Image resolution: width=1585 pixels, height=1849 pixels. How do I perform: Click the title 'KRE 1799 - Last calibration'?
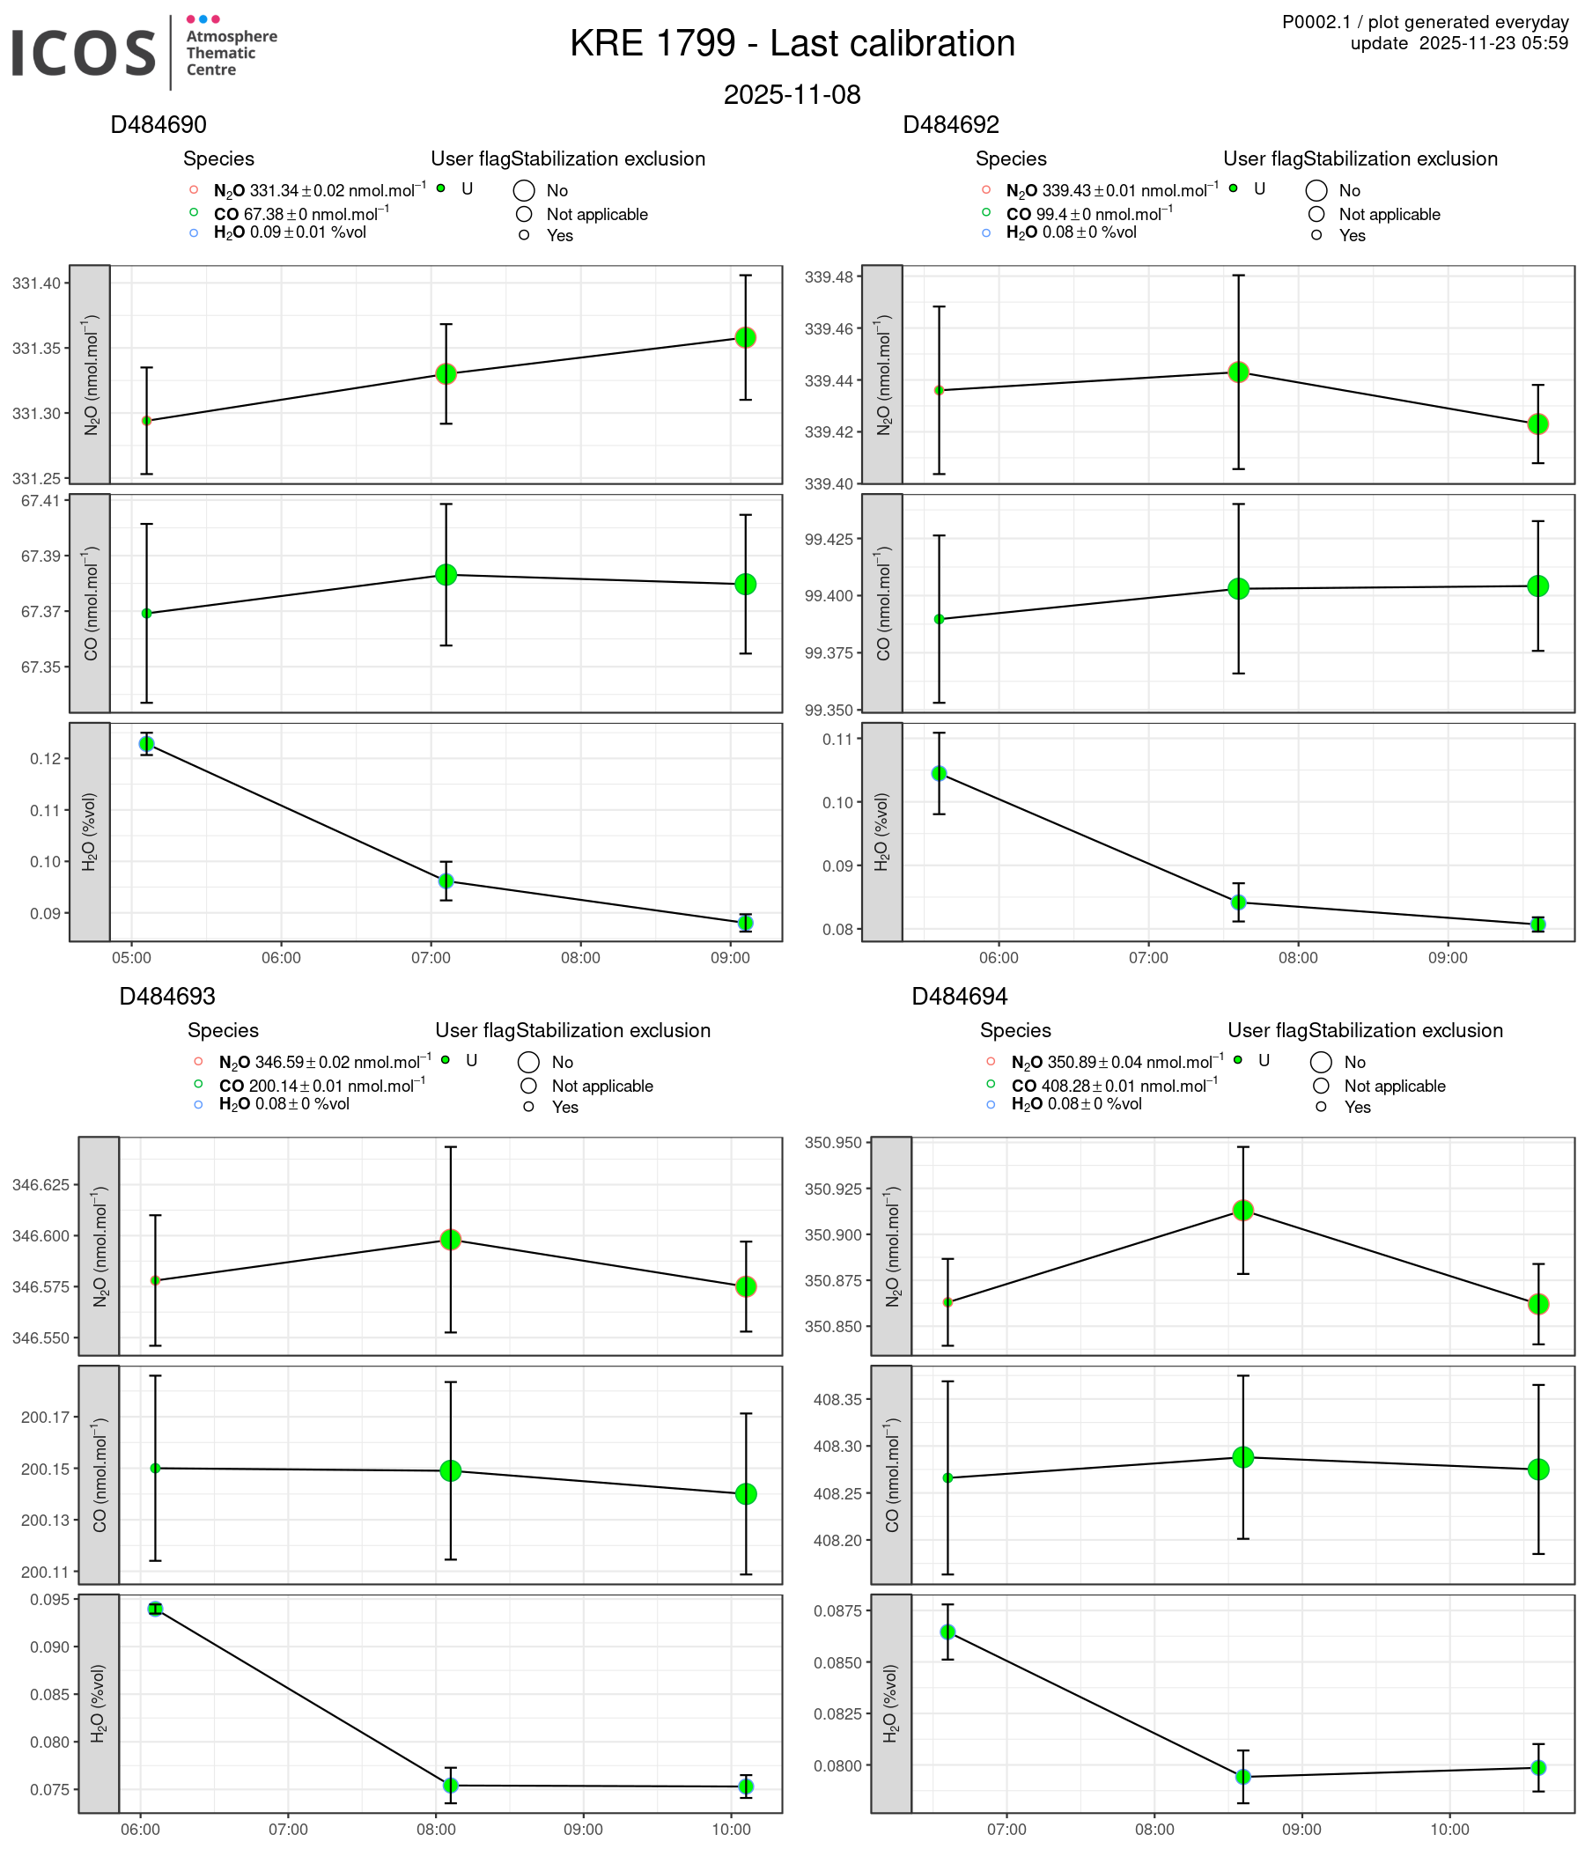coord(792,44)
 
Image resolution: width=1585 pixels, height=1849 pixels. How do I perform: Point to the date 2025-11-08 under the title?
coord(792,94)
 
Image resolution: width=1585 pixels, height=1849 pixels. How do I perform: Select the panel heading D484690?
coord(158,125)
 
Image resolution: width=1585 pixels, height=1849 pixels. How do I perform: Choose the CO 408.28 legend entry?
coord(1113,1086)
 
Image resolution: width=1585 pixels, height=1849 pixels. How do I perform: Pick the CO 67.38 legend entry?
coord(301,214)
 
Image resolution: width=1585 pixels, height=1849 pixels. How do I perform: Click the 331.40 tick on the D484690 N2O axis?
coord(37,284)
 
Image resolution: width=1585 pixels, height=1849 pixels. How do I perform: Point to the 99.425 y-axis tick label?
coord(829,539)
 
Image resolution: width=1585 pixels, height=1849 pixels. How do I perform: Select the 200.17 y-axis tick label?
coord(44,1417)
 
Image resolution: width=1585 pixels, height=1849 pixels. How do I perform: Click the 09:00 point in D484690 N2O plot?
coord(745,337)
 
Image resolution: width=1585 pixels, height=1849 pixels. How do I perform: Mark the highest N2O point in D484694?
coord(1242,1210)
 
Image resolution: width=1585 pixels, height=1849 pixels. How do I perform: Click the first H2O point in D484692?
coord(939,773)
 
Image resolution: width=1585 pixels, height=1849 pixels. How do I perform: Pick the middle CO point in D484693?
coord(451,1470)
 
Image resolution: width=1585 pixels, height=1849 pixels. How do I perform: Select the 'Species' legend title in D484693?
coord(222,1030)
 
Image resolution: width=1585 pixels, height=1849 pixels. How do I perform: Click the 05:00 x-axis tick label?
coord(131,958)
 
